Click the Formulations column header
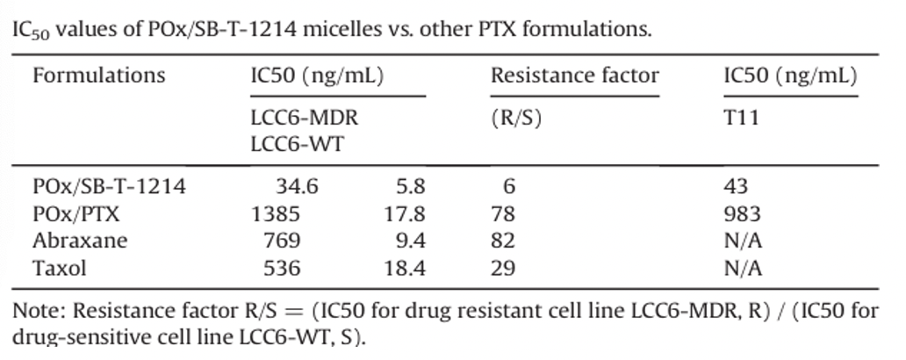98,76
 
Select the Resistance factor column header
574,76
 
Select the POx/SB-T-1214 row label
109,187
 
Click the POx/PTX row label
76,214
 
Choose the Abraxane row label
80,241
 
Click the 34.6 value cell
297,187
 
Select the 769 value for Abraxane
282,241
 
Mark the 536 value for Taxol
282,268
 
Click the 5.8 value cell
411,187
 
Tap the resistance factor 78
503,214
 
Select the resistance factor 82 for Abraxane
503,241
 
